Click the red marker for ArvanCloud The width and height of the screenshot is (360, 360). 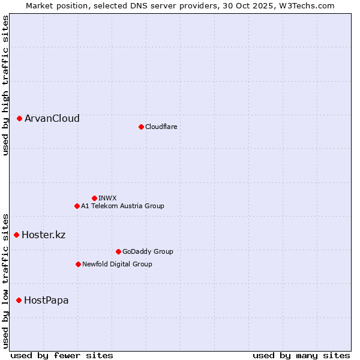20,119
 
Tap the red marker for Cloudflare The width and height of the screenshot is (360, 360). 141,127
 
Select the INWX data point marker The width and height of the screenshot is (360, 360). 94,198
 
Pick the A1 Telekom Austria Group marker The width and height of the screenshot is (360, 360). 77,206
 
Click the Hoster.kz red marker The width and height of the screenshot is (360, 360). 17,235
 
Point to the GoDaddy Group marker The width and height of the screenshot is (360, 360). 118,251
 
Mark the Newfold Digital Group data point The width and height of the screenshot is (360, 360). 78,264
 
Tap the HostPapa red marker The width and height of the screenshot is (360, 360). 19,300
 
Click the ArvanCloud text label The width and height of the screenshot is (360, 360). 52,119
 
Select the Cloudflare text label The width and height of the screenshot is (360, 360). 161,127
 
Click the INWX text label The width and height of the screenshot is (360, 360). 107,198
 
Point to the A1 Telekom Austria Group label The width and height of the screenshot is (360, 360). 122,206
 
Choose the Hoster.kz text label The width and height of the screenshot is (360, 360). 43,235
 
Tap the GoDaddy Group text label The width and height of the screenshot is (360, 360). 148,251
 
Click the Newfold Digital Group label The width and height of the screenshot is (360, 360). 117,264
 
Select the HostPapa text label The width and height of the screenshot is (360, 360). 46,300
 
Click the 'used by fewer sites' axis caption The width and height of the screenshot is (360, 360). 62,355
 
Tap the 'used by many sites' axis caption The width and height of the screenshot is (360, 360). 301,355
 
